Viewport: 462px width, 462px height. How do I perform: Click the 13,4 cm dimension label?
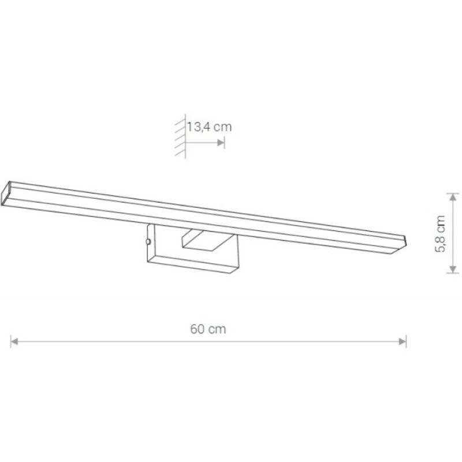pyautogui.click(x=209, y=127)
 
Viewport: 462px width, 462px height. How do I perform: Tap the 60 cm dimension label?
pyautogui.click(x=208, y=329)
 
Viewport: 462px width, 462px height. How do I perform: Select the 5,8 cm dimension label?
pyautogui.click(x=440, y=234)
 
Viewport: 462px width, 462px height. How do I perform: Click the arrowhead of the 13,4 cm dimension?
pyautogui.click(x=221, y=143)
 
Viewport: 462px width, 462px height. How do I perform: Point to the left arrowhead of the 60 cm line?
pyautogui.click(x=14, y=342)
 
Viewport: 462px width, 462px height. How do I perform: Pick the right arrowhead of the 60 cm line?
pyautogui.click(x=403, y=342)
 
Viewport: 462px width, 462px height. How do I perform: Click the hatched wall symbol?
pyautogui.click(x=180, y=136)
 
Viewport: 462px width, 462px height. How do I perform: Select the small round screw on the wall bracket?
pyautogui.click(x=148, y=241)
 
